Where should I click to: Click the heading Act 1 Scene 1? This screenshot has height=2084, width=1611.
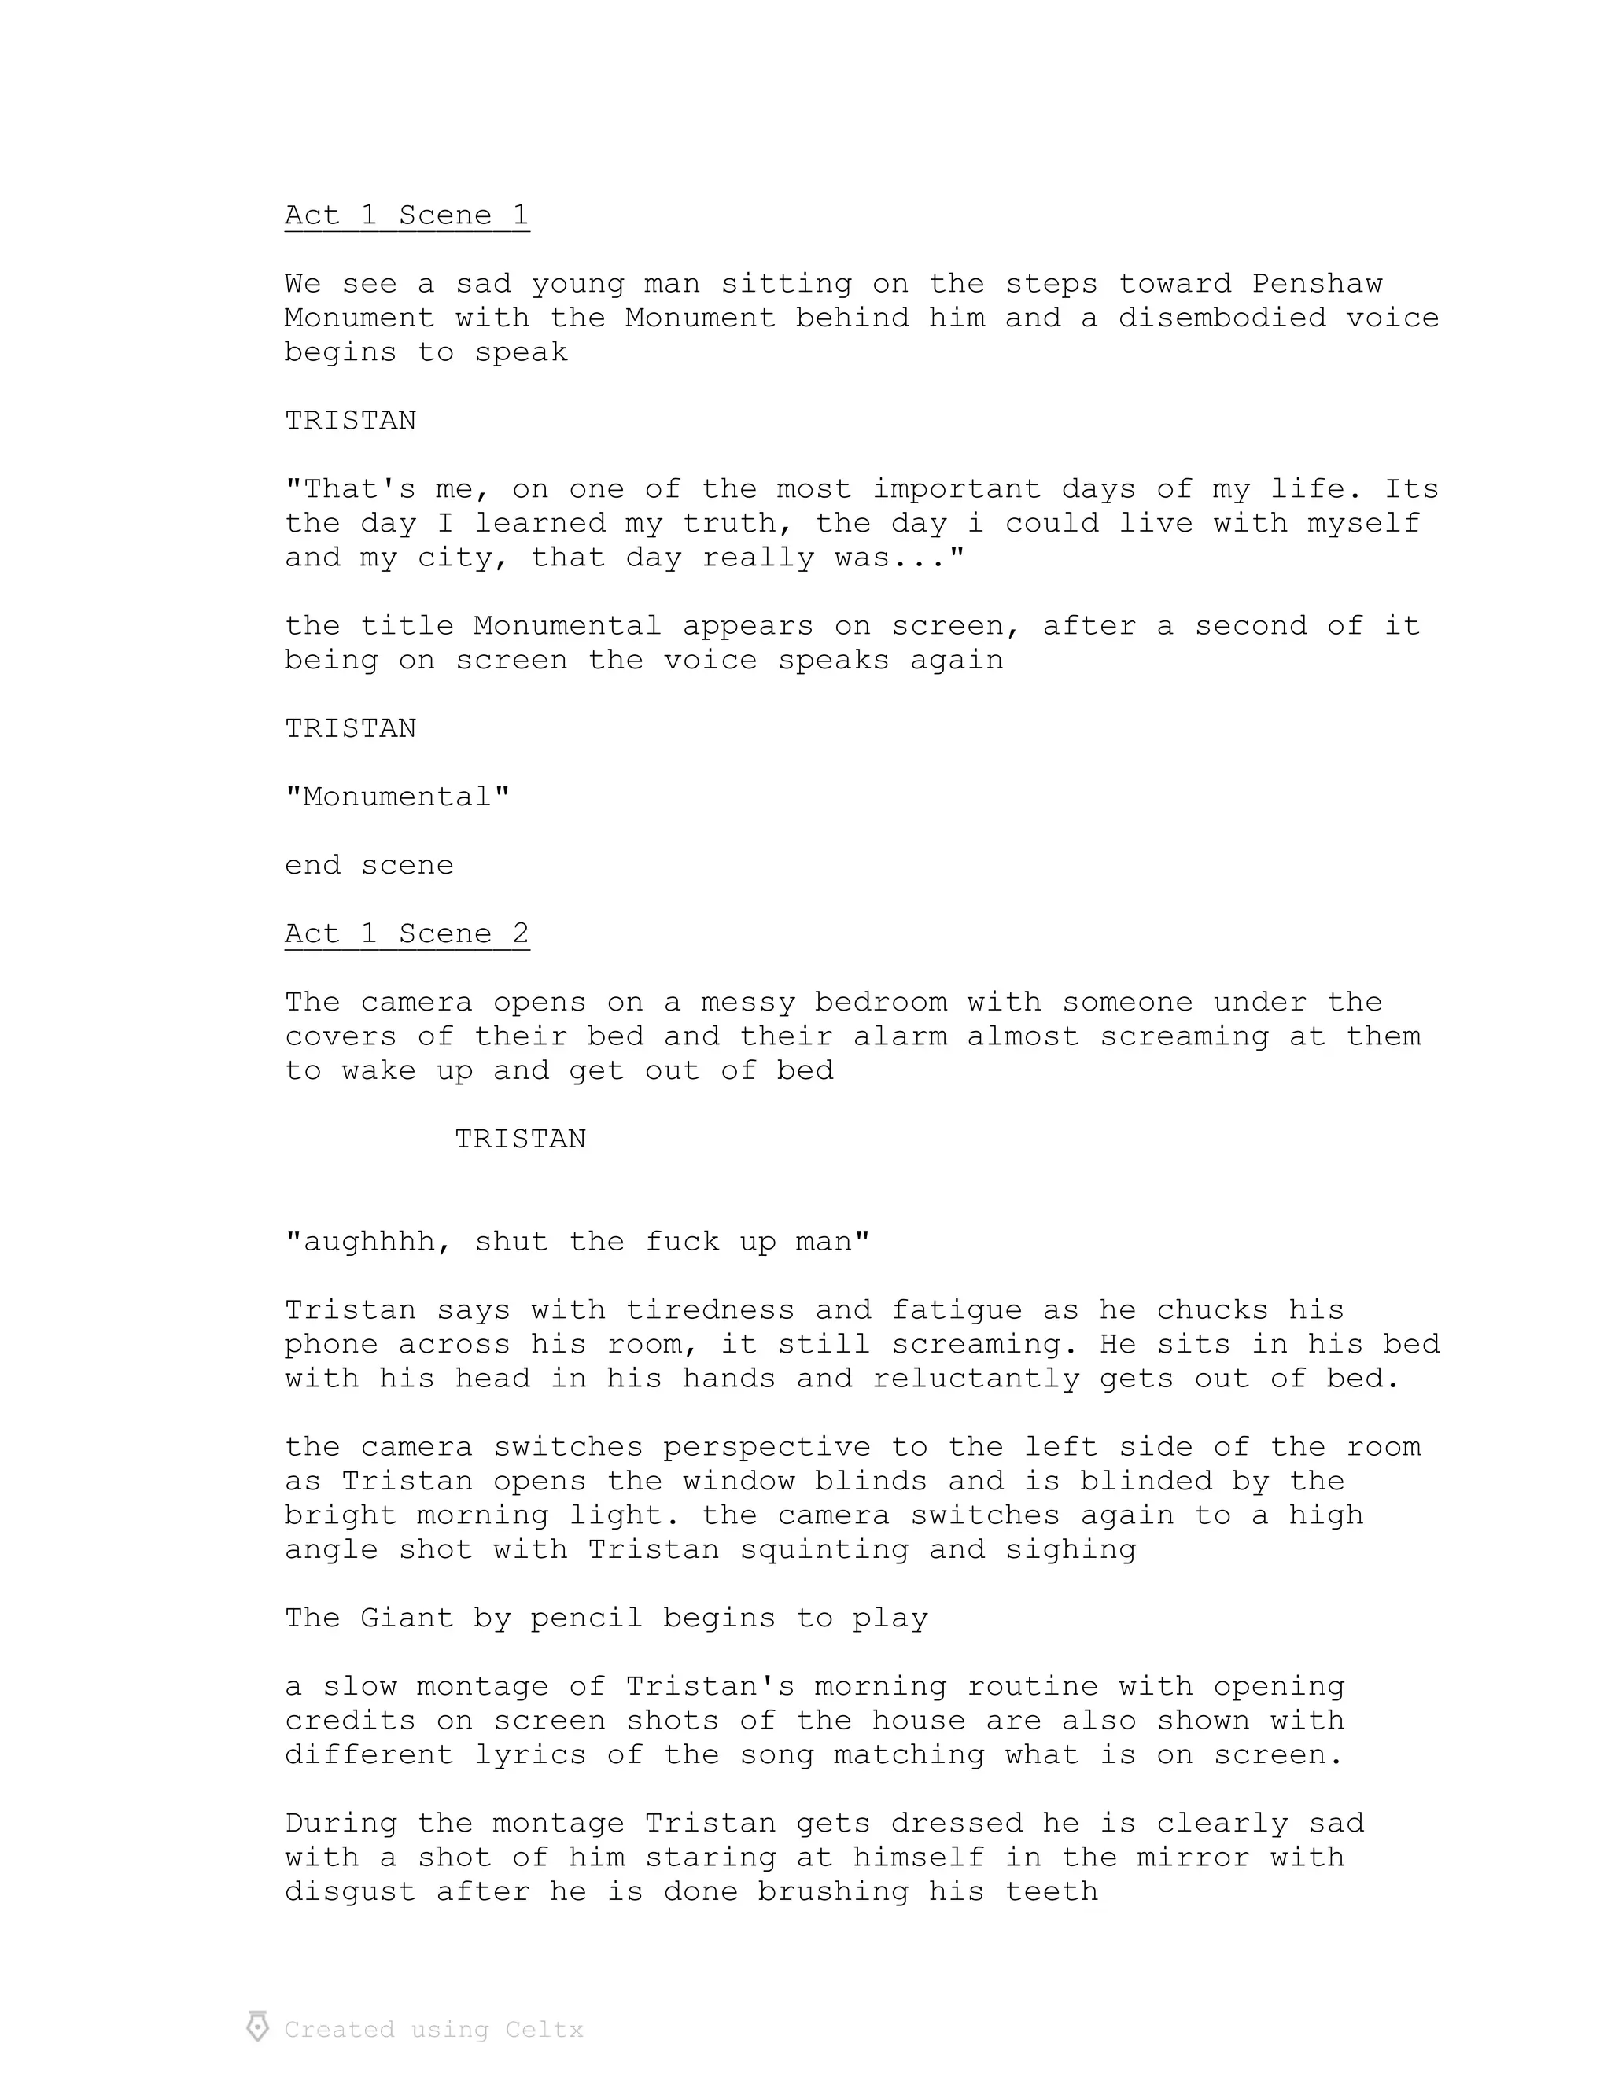(407, 215)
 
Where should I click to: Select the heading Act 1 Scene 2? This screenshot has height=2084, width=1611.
(407, 933)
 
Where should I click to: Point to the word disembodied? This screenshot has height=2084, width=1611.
(1222, 318)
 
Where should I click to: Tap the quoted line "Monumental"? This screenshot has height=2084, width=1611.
(397, 797)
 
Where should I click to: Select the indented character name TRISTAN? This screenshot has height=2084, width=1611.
(520, 1140)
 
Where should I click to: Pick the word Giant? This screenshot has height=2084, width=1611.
(407, 1618)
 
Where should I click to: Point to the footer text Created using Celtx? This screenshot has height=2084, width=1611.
(434, 2030)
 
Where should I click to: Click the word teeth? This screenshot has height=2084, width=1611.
(1051, 1892)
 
